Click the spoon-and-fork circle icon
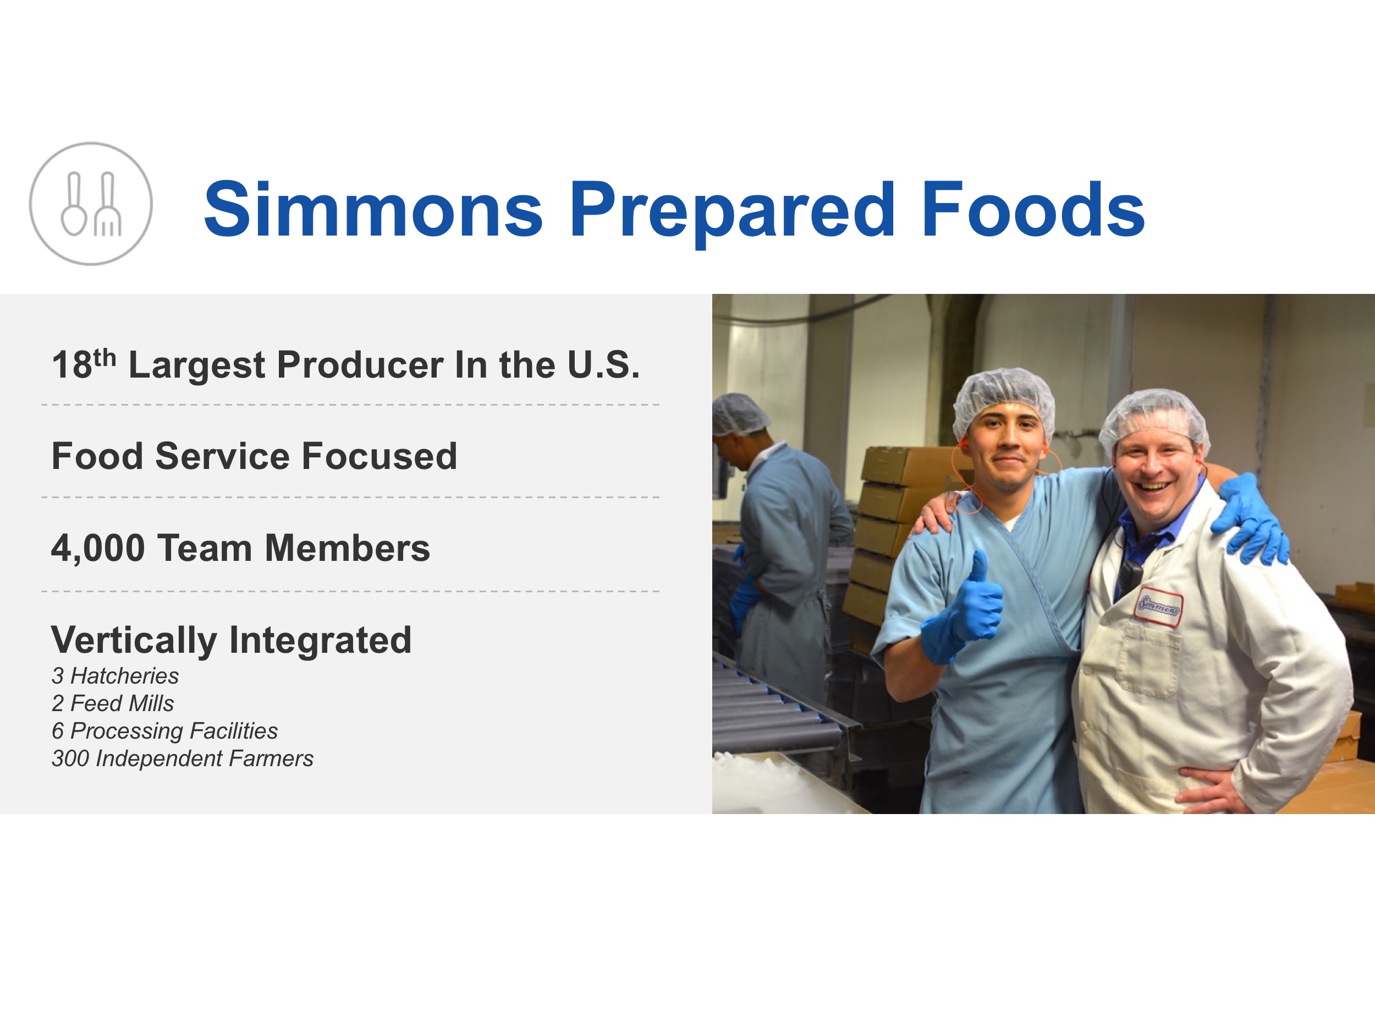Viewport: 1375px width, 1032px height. [91, 204]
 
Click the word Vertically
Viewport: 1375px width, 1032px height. [134, 641]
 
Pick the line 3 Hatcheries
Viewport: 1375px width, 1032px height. [115, 675]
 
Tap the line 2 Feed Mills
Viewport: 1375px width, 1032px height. [113, 703]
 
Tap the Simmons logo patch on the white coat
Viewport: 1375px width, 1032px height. [1158, 605]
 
